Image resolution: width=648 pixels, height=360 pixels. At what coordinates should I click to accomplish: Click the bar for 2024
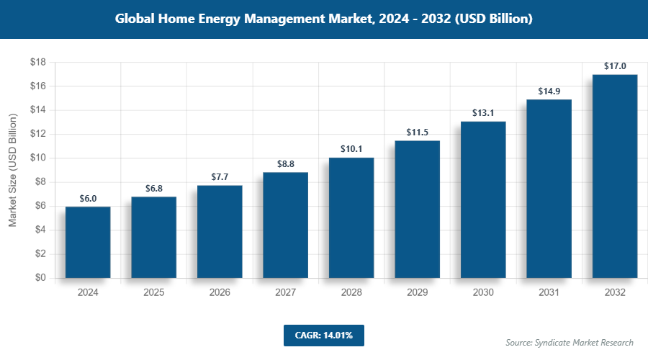[x=88, y=242]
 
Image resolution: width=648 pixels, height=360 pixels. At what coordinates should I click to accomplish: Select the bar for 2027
[x=285, y=225]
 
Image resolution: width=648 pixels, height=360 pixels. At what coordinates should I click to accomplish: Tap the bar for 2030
[x=483, y=199]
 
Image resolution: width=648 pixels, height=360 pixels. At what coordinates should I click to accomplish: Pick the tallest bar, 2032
[x=615, y=176]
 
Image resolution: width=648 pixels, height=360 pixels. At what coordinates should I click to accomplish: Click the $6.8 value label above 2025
[x=153, y=188]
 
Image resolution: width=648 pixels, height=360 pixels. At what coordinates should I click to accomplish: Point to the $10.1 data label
[x=351, y=149]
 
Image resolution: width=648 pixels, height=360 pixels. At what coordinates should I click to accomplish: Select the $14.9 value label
[x=549, y=91]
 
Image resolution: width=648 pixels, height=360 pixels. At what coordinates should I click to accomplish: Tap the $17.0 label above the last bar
[x=615, y=66]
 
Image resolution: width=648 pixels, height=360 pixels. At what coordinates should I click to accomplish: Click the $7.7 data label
[x=220, y=177]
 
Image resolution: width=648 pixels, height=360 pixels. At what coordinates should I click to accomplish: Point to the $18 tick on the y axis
[x=38, y=63]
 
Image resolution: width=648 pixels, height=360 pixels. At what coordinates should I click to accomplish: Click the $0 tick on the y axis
[x=40, y=278]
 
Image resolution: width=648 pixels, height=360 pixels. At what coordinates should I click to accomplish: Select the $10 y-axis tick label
[x=38, y=158]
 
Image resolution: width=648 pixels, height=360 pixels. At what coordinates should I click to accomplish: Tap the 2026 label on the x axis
[x=220, y=293]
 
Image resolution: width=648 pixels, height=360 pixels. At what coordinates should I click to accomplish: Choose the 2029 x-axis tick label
[x=417, y=293]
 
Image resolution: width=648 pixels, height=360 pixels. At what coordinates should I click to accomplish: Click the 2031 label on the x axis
[x=549, y=293]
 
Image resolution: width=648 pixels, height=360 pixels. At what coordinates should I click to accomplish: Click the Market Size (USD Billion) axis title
[x=13, y=170]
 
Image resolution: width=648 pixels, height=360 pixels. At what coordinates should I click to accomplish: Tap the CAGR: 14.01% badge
[x=323, y=335]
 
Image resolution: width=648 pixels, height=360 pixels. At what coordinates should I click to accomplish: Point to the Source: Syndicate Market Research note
[x=570, y=342]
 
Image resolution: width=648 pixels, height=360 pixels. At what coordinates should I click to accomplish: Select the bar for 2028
[x=351, y=217]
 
